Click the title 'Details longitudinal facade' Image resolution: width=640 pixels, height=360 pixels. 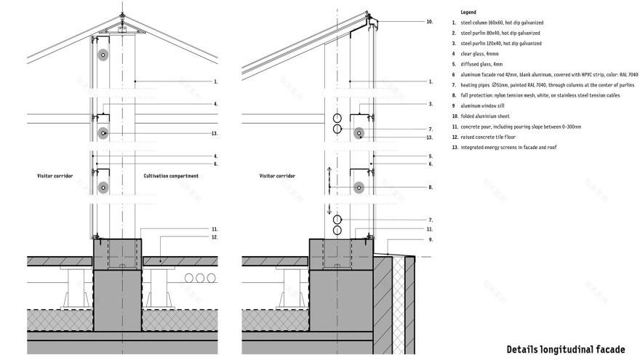[566, 348]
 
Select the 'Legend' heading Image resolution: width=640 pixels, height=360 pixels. [470, 12]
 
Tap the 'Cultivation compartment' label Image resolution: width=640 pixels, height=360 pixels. [171, 176]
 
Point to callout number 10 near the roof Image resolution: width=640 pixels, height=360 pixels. [430, 22]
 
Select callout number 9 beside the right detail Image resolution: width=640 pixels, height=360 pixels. [431, 239]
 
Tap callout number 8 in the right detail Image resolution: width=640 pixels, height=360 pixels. [431, 187]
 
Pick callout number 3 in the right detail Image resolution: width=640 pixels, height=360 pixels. [431, 104]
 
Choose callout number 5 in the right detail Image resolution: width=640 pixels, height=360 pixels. [431, 156]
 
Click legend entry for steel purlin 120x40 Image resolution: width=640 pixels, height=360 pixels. [500, 44]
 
